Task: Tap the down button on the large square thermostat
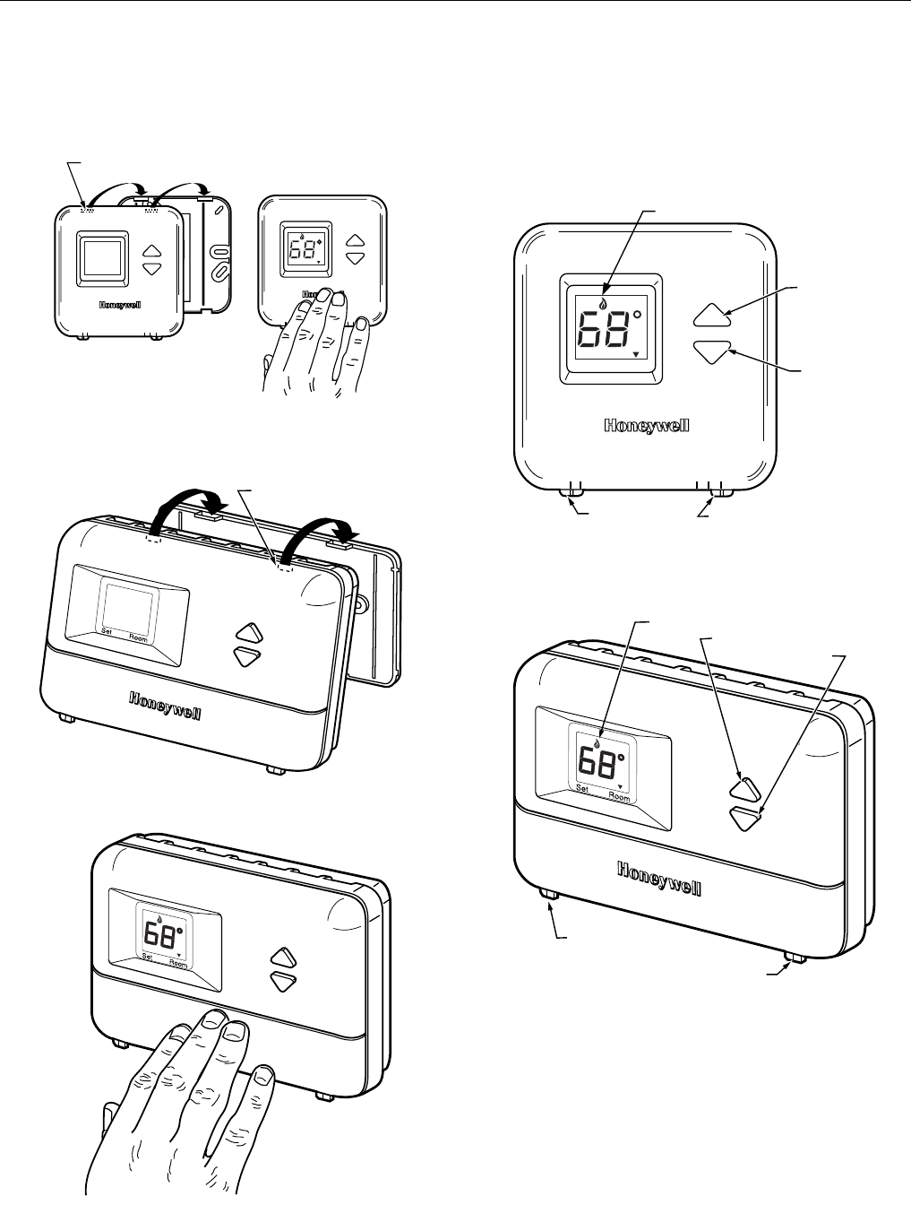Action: pos(712,351)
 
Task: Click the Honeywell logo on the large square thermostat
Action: pos(646,426)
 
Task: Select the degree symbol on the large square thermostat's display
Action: pos(637,316)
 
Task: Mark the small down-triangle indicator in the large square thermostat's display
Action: pos(636,356)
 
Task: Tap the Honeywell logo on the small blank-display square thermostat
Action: pos(119,303)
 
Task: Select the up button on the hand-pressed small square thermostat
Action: pos(357,240)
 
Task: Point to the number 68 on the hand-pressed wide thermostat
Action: pos(160,937)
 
